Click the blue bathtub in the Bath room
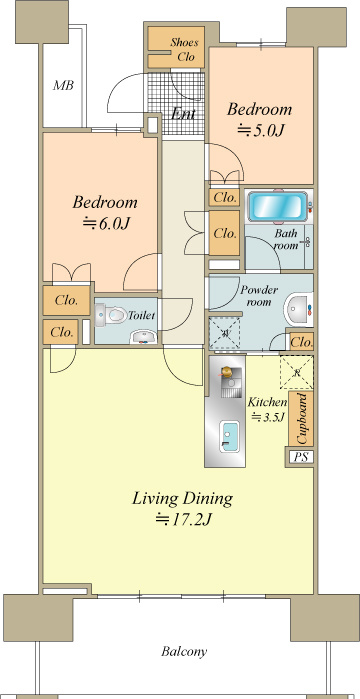tap(278, 206)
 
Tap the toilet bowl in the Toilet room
tap(111, 315)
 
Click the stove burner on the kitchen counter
tap(227, 371)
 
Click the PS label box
tap(301, 457)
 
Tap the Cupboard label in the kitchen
tap(302, 418)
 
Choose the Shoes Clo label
tap(184, 49)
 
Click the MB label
tap(63, 85)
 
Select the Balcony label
tap(184, 652)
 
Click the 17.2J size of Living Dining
tap(183, 519)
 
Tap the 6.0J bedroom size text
tap(106, 223)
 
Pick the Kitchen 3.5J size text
tap(267, 418)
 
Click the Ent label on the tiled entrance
tap(184, 114)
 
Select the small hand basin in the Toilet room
tap(143, 337)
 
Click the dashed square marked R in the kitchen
tap(296, 372)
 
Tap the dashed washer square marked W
tap(225, 333)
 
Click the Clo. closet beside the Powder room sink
tap(301, 342)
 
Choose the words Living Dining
tap(182, 498)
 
